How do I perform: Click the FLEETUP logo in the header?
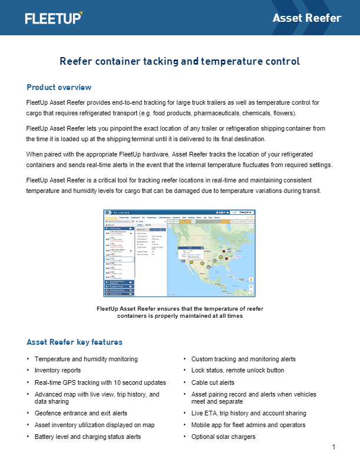pos(54,18)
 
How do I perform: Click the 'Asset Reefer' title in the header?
pos(306,18)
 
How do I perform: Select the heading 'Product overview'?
pos(59,88)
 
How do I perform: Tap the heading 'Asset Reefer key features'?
pos(74,342)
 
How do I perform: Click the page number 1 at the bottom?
pos(334,448)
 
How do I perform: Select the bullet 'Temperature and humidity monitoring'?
pos(86,359)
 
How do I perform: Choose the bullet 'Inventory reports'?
pos(58,371)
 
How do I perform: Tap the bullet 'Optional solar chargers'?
pos(224,437)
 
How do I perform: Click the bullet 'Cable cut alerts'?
pos(214,382)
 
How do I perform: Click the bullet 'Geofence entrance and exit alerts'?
pos(81,414)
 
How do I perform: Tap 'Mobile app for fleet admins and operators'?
pos(248,425)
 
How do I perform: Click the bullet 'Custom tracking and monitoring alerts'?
pos(244,359)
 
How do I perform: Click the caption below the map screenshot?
pos(179,312)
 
